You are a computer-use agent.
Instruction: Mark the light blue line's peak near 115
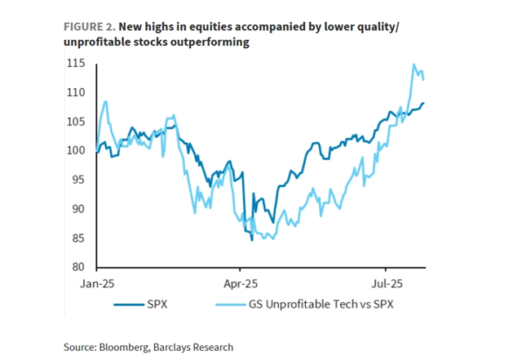tap(414, 64)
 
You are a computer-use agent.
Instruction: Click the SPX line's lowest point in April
tap(251, 240)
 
